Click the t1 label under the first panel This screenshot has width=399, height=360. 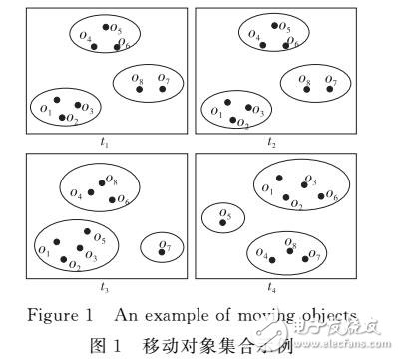tap(106, 143)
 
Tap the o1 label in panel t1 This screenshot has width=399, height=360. tap(45, 104)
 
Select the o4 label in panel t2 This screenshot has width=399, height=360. tap(254, 36)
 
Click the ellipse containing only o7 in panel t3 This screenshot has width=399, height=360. tap(160, 246)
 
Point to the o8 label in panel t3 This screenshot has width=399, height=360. tap(112, 181)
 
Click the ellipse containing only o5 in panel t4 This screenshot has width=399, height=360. tap(224, 216)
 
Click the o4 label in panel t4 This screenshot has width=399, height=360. tap(261, 252)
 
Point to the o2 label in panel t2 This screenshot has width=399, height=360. tap(242, 122)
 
